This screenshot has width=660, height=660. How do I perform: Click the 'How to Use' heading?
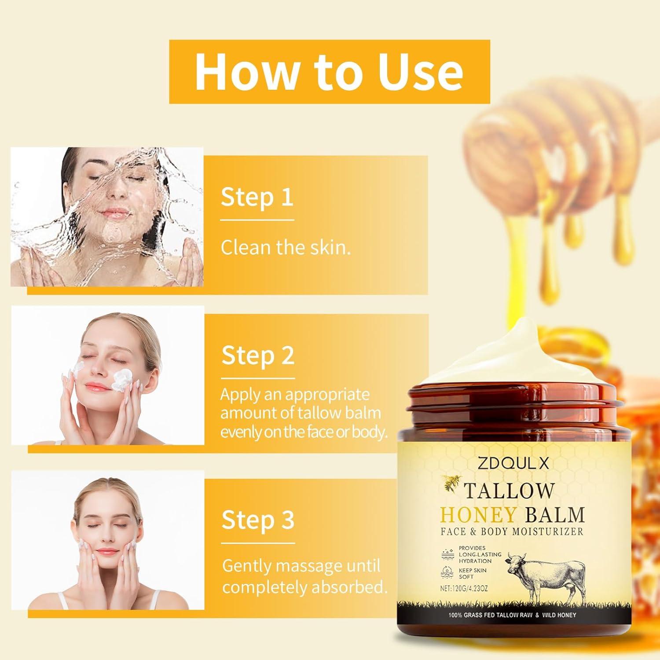click(x=329, y=72)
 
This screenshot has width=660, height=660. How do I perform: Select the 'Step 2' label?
click(x=257, y=355)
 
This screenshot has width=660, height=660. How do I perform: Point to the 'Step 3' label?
click(x=258, y=520)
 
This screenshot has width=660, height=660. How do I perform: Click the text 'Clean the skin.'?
click(x=286, y=248)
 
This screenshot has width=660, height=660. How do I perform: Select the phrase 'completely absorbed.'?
click(x=305, y=587)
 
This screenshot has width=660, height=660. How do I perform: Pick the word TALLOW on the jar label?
click(x=510, y=491)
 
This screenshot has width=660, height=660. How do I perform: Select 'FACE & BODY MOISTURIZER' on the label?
click(x=512, y=532)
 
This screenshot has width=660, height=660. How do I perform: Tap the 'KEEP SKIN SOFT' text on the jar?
click(x=473, y=573)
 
